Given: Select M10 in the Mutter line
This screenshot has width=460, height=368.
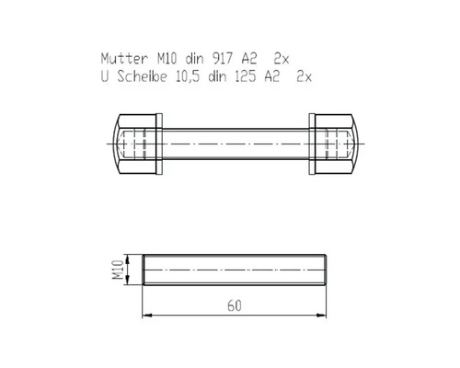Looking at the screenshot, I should click(x=167, y=56).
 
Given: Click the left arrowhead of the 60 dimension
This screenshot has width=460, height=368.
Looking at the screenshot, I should click(x=147, y=314).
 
